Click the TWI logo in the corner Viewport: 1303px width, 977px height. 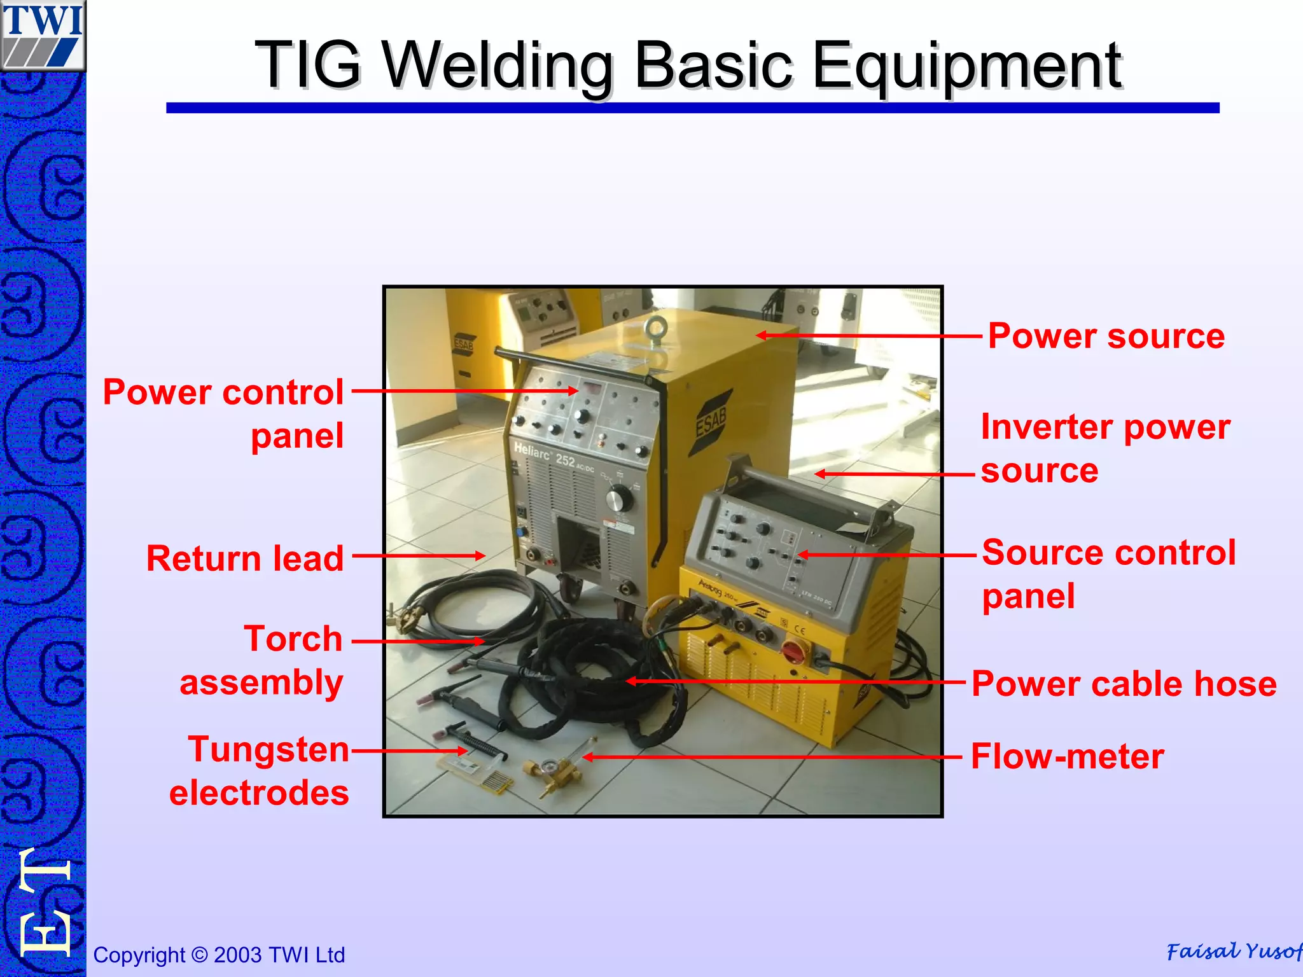[x=43, y=35]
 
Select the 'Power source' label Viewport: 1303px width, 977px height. [x=1106, y=336]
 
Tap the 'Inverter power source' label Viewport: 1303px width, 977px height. [x=1104, y=448]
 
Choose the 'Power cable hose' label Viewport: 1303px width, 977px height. [x=1124, y=684]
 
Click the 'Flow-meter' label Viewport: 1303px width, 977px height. [x=1067, y=756]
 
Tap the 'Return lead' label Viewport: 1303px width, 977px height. [x=245, y=558]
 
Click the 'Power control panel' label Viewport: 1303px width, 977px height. [x=223, y=413]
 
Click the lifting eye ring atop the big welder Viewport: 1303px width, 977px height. [x=655, y=328]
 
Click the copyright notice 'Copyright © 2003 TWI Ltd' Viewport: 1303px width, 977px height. [x=219, y=955]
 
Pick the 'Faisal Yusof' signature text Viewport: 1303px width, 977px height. [x=1233, y=951]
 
